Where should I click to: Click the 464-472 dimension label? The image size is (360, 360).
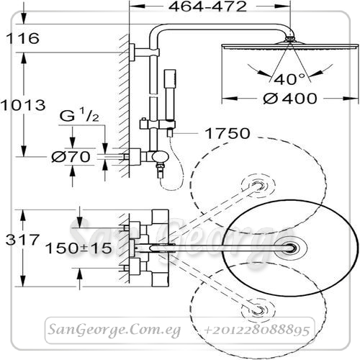click(207, 6)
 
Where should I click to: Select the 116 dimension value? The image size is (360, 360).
click(22, 38)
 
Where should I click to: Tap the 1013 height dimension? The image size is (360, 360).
click(23, 105)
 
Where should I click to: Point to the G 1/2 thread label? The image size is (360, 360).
click(79, 115)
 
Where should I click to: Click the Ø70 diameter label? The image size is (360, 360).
click(71, 157)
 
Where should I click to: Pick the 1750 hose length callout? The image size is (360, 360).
click(228, 133)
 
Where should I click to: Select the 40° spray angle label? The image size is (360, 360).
click(289, 79)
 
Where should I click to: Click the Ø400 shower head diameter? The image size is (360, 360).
click(290, 99)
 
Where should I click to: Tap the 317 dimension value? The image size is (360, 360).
click(22, 240)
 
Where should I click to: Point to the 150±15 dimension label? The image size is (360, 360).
click(78, 248)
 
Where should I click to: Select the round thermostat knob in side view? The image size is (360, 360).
click(161, 158)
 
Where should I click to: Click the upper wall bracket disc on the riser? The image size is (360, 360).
click(132, 53)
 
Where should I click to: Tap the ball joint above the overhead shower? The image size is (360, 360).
click(290, 38)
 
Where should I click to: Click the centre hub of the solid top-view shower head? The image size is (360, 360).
click(291, 248)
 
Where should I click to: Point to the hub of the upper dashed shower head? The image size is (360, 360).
click(258, 186)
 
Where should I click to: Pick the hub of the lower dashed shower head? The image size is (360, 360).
click(258, 310)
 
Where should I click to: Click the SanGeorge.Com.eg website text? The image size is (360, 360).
click(114, 330)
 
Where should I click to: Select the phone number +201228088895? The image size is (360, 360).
click(256, 330)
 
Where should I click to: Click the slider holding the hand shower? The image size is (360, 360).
click(158, 125)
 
